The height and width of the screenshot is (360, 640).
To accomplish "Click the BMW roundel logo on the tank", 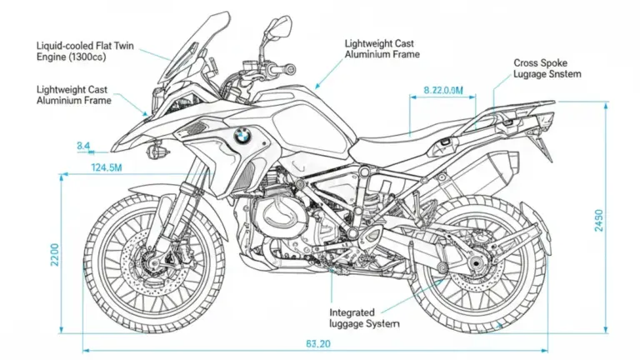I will (x=242, y=136).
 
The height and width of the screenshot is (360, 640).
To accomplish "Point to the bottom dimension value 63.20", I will (x=318, y=344).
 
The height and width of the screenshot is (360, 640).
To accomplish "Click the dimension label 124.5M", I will (x=107, y=168).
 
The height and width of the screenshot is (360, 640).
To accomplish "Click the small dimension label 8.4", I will (x=83, y=147).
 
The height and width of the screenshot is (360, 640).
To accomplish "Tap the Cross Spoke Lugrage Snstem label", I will (x=547, y=68).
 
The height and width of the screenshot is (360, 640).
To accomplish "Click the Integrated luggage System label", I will (x=365, y=317).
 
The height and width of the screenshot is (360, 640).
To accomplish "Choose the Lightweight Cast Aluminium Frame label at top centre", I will (x=382, y=47).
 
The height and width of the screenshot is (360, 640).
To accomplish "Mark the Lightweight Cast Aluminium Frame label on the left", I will (x=73, y=94).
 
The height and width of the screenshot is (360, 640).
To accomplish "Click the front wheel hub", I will (x=153, y=264).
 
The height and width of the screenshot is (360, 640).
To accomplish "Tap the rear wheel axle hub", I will (x=477, y=266).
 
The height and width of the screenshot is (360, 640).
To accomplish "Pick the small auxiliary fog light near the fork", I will (x=155, y=152).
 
